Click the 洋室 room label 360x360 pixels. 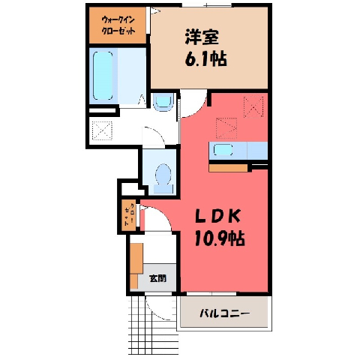202,37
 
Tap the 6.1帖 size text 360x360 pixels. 205,58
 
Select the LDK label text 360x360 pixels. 217,216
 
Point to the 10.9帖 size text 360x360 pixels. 219,238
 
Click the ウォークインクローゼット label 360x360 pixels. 118,25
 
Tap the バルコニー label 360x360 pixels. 224,313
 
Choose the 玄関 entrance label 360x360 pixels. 157,278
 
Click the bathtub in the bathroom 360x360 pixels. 103,76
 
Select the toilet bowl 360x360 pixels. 163,178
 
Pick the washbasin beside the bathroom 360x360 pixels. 163,102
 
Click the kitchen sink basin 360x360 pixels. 223,151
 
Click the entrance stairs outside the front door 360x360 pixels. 153,325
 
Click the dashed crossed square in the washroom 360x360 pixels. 102,130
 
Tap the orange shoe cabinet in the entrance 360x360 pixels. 136,265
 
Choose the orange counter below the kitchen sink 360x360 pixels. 228,168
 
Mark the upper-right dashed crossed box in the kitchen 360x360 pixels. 253,107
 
